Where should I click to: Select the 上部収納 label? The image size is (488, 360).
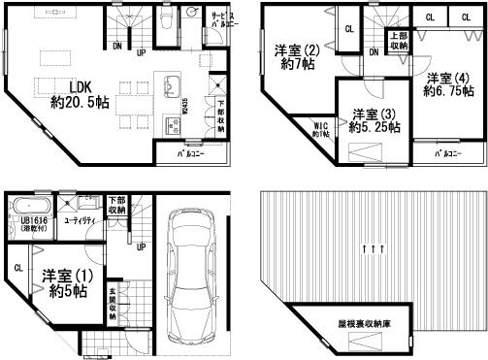click(x=399, y=41)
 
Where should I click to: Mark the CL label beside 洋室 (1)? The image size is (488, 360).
click(x=18, y=269)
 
